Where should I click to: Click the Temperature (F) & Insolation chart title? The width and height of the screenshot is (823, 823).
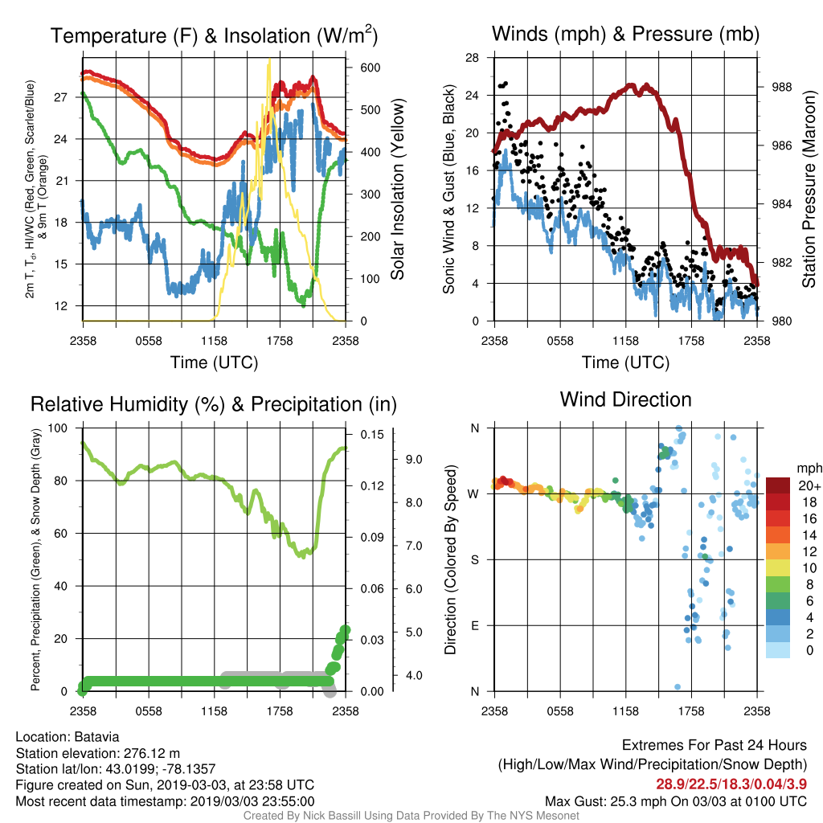point(214,35)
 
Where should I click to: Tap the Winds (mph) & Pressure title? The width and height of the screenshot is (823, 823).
point(625,34)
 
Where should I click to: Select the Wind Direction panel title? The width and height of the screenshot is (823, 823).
point(625,399)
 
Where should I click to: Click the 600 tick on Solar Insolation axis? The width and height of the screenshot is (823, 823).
point(370,68)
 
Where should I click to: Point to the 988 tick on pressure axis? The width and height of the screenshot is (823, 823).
point(781,87)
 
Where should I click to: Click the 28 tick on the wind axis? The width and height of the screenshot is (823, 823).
point(472,58)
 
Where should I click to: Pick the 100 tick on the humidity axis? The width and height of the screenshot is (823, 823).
point(58,428)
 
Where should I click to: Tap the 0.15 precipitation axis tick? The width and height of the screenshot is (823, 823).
point(372,435)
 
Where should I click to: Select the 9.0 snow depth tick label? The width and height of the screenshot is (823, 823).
point(414,460)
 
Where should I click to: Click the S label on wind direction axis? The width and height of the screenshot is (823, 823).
point(474,560)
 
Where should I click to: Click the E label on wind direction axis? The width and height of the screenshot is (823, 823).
point(474,625)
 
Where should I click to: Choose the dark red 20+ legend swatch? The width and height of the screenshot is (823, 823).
point(778,485)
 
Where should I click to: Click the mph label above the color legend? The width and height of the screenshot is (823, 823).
point(809,469)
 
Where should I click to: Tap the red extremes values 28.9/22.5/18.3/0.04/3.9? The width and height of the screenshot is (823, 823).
point(731,784)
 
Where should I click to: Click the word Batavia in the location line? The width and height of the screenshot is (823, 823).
point(96,737)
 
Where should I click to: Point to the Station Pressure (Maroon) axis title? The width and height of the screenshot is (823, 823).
point(809,189)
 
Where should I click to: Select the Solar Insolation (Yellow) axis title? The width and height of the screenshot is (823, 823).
point(398,189)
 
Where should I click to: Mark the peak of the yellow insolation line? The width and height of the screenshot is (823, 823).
point(270,59)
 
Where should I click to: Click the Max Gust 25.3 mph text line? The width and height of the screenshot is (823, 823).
point(675,801)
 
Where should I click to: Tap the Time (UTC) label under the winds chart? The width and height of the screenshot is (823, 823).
point(625,362)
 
